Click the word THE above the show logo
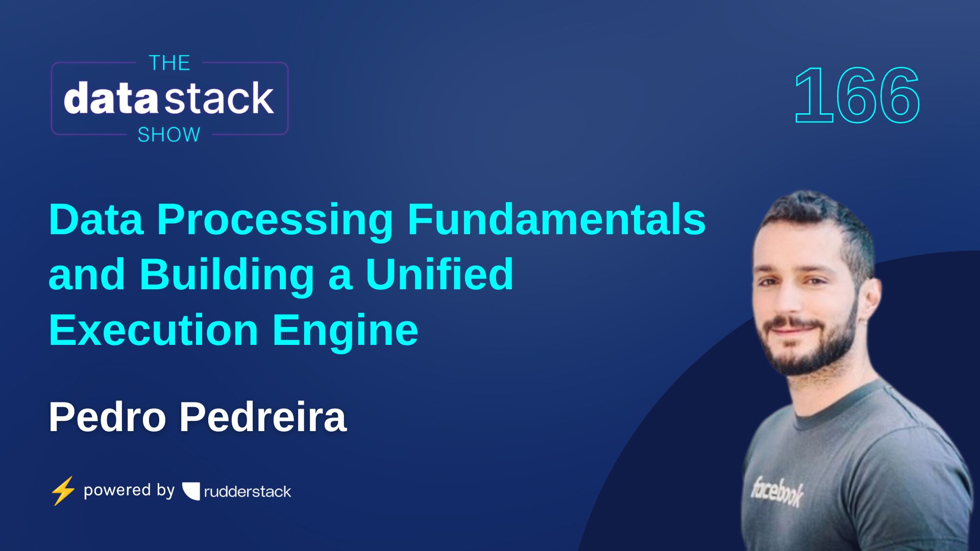(169, 63)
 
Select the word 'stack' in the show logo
(220, 98)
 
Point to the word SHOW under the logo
(169, 135)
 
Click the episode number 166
(857, 96)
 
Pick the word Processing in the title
(275, 220)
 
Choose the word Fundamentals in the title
(556, 220)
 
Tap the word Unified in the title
(439, 274)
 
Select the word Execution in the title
(153, 330)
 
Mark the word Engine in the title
(345, 331)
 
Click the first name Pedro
(107, 417)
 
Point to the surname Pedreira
(263, 417)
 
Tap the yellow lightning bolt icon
(63, 491)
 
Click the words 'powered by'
(129, 490)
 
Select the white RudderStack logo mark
(191, 491)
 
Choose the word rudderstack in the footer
(248, 492)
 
